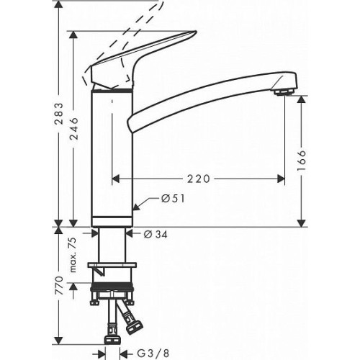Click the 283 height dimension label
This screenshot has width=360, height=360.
[58, 114]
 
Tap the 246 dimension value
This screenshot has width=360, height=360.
[73, 128]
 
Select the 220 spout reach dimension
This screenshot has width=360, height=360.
[198, 179]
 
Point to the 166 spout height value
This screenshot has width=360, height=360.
[302, 161]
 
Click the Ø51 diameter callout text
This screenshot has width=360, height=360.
[173, 199]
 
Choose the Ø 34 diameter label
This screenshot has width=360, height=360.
[156, 234]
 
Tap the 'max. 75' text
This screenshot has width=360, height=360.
[73, 255]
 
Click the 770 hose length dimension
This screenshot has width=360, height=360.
[59, 285]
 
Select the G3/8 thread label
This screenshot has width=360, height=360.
[153, 353]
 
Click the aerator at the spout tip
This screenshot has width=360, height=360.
[284, 91]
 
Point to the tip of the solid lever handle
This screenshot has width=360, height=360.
[196, 32]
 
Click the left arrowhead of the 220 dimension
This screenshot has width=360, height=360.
[116, 179]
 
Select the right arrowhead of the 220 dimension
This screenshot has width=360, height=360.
[281, 179]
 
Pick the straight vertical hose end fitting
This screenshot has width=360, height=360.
[112, 340]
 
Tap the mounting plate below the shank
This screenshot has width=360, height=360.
[112, 265]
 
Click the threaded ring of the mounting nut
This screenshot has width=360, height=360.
[112, 287]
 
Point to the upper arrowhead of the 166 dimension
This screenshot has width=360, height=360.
[302, 99]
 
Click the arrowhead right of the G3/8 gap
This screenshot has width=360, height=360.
[124, 353]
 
